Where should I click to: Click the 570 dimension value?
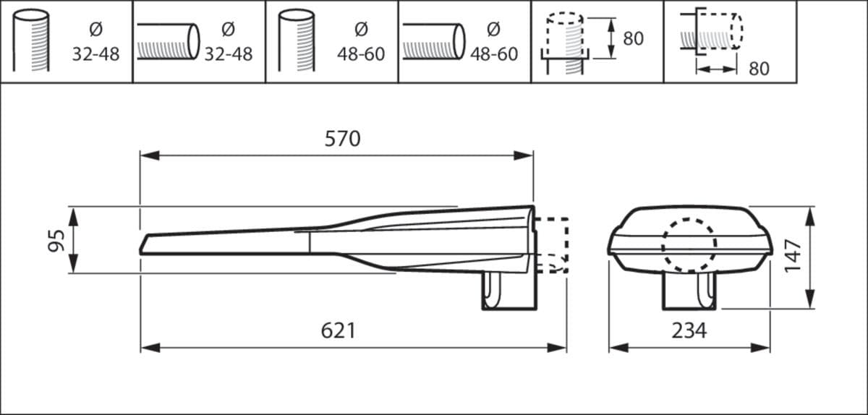coord(343,139)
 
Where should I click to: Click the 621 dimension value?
coord(339,331)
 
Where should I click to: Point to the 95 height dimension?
coord(56,241)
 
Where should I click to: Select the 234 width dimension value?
coord(689,331)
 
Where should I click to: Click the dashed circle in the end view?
coord(689,245)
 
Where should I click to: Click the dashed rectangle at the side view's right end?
coord(551,245)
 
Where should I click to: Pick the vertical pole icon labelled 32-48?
coord(31,40)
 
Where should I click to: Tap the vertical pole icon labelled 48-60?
coord(297,40)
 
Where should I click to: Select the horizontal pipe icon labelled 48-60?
coord(433,41)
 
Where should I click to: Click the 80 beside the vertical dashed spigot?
coord(634,38)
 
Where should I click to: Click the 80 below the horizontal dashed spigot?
coord(759,69)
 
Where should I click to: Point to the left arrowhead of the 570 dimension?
coord(150,155)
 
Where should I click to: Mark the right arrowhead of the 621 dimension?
coord(557,348)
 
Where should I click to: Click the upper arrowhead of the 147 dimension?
coord(810,216)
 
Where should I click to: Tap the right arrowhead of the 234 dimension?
coord(760,348)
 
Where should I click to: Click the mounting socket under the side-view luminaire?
coord(509,291)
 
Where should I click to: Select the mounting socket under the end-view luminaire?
coord(689,291)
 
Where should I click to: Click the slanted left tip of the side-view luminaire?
coord(143,244)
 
